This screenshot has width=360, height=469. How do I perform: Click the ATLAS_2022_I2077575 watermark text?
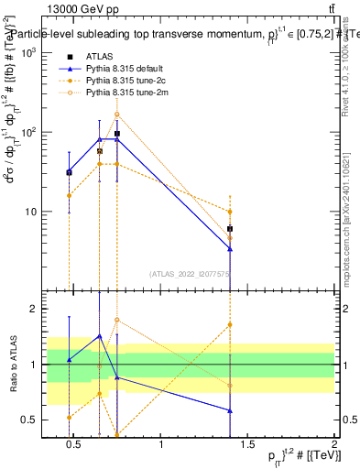pos(189,273)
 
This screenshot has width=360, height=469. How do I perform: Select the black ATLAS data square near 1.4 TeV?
pos(230,229)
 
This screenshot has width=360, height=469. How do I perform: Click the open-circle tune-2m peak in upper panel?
pos(116,115)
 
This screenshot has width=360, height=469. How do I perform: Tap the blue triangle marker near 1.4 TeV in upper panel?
pos(230,249)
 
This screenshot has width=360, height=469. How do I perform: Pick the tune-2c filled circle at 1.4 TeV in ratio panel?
pos(230,324)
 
